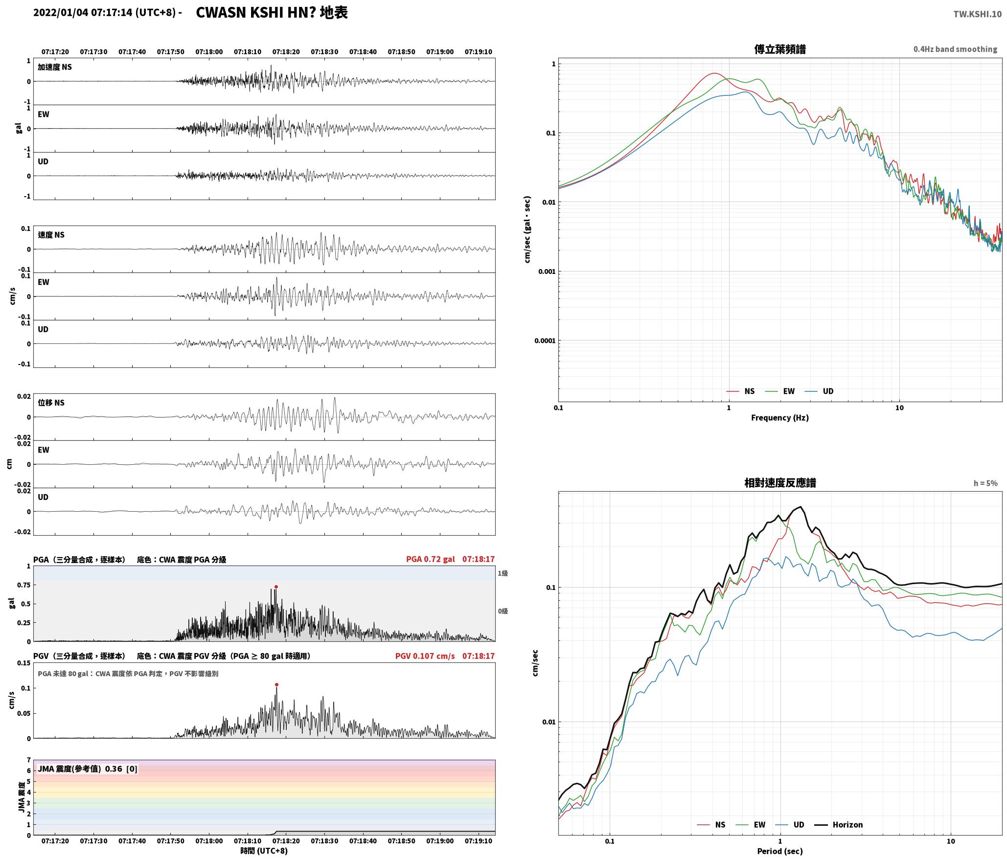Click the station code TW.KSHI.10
[977, 14]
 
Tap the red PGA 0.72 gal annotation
[430, 559]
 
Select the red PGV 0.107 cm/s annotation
[425, 656]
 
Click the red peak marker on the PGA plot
[276, 587]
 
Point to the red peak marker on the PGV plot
[276, 684]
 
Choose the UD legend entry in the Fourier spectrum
[819, 391]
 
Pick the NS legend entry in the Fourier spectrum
[740, 391]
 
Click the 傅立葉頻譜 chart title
[780, 49]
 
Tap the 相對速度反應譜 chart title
[780, 482]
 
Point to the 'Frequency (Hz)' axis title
[780, 417]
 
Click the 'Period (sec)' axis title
[780, 851]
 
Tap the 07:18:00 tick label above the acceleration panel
[209, 51]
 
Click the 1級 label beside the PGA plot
[503, 573]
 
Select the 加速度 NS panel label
[55, 67]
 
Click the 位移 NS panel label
[51, 402]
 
